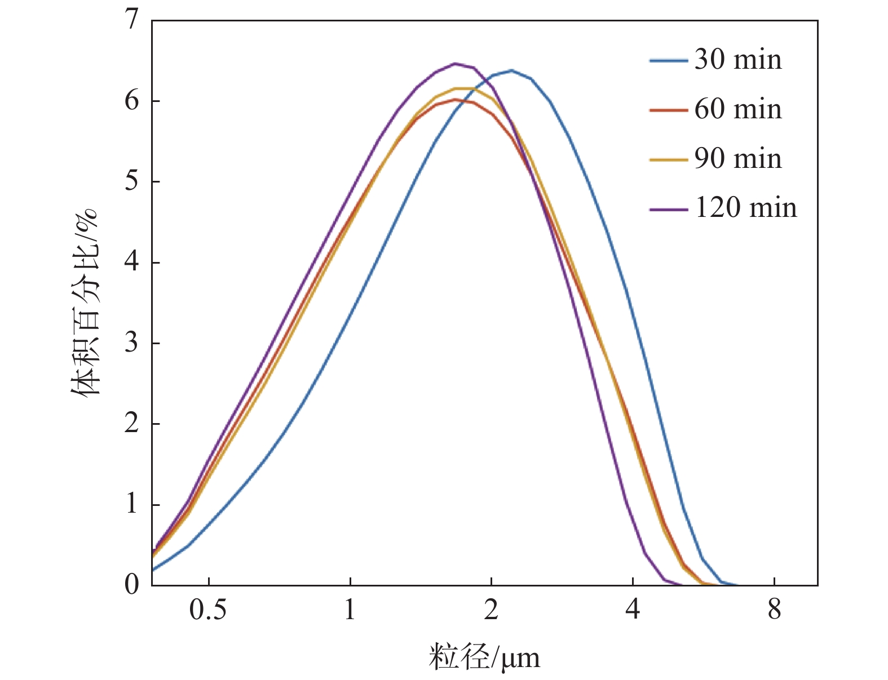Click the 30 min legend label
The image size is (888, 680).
737,60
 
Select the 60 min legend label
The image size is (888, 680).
737,109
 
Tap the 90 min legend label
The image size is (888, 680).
737,159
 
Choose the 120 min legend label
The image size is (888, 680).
745,208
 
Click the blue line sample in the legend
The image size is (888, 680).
669,60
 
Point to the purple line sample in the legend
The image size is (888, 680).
669,209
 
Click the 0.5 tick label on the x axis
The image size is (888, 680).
208,610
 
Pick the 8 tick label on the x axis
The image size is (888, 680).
774,610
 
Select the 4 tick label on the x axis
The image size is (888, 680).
633,610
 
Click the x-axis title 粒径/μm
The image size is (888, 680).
484,657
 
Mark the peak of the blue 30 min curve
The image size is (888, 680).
511,70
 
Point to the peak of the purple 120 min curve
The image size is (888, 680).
456,64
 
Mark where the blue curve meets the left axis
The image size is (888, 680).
152,570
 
